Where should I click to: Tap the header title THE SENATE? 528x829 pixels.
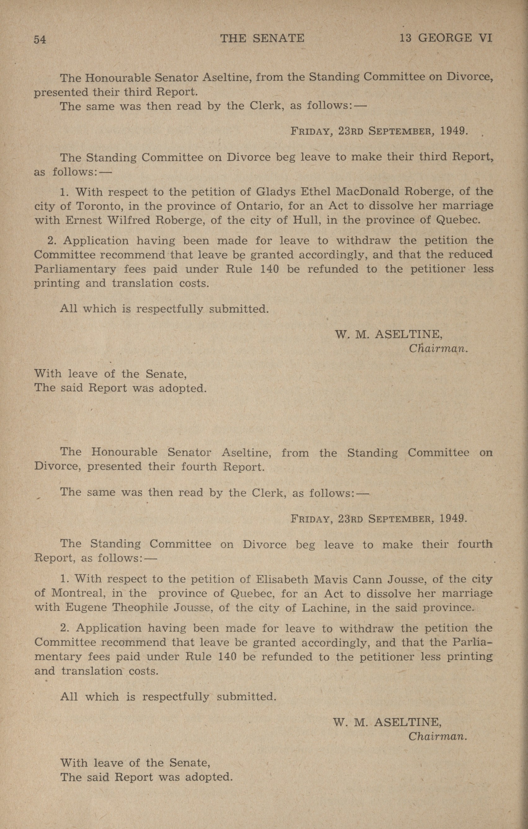[x=262, y=38]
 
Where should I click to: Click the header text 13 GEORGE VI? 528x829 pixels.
[x=445, y=38]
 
